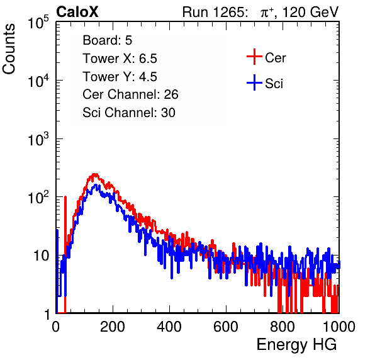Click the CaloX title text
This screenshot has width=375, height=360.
point(77,12)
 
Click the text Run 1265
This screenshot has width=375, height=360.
point(213,12)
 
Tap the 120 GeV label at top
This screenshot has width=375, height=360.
point(310,12)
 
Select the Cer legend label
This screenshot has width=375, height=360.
point(275,58)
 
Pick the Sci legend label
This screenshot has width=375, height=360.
point(274,84)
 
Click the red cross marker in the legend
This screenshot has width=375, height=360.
point(254,57)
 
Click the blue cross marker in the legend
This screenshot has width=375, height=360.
point(254,82)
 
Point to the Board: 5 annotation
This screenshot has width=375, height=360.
point(108,40)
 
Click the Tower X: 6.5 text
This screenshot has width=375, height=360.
point(120,59)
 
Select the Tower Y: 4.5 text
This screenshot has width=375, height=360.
point(120,77)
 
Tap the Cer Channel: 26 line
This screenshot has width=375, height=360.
point(130,94)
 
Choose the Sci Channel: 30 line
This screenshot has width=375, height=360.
point(129,113)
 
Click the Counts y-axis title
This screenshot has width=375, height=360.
point(9,49)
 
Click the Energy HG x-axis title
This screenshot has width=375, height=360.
point(296,345)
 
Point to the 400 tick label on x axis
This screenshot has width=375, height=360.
point(169,327)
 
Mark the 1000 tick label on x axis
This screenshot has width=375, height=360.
point(339,327)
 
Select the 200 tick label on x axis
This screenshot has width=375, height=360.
point(113,327)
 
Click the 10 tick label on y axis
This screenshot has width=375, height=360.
point(42,256)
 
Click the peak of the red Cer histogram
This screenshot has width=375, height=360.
point(95,174)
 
